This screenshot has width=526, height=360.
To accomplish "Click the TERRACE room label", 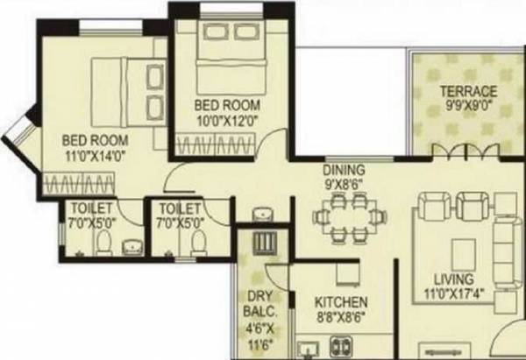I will pyautogui.click(x=468, y=92).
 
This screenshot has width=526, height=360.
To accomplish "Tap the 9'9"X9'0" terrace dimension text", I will pyautogui.click(x=468, y=106).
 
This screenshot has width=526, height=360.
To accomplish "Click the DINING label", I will pyautogui.click(x=343, y=170).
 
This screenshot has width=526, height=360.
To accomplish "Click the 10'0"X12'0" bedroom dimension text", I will pyautogui.click(x=229, y=120).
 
